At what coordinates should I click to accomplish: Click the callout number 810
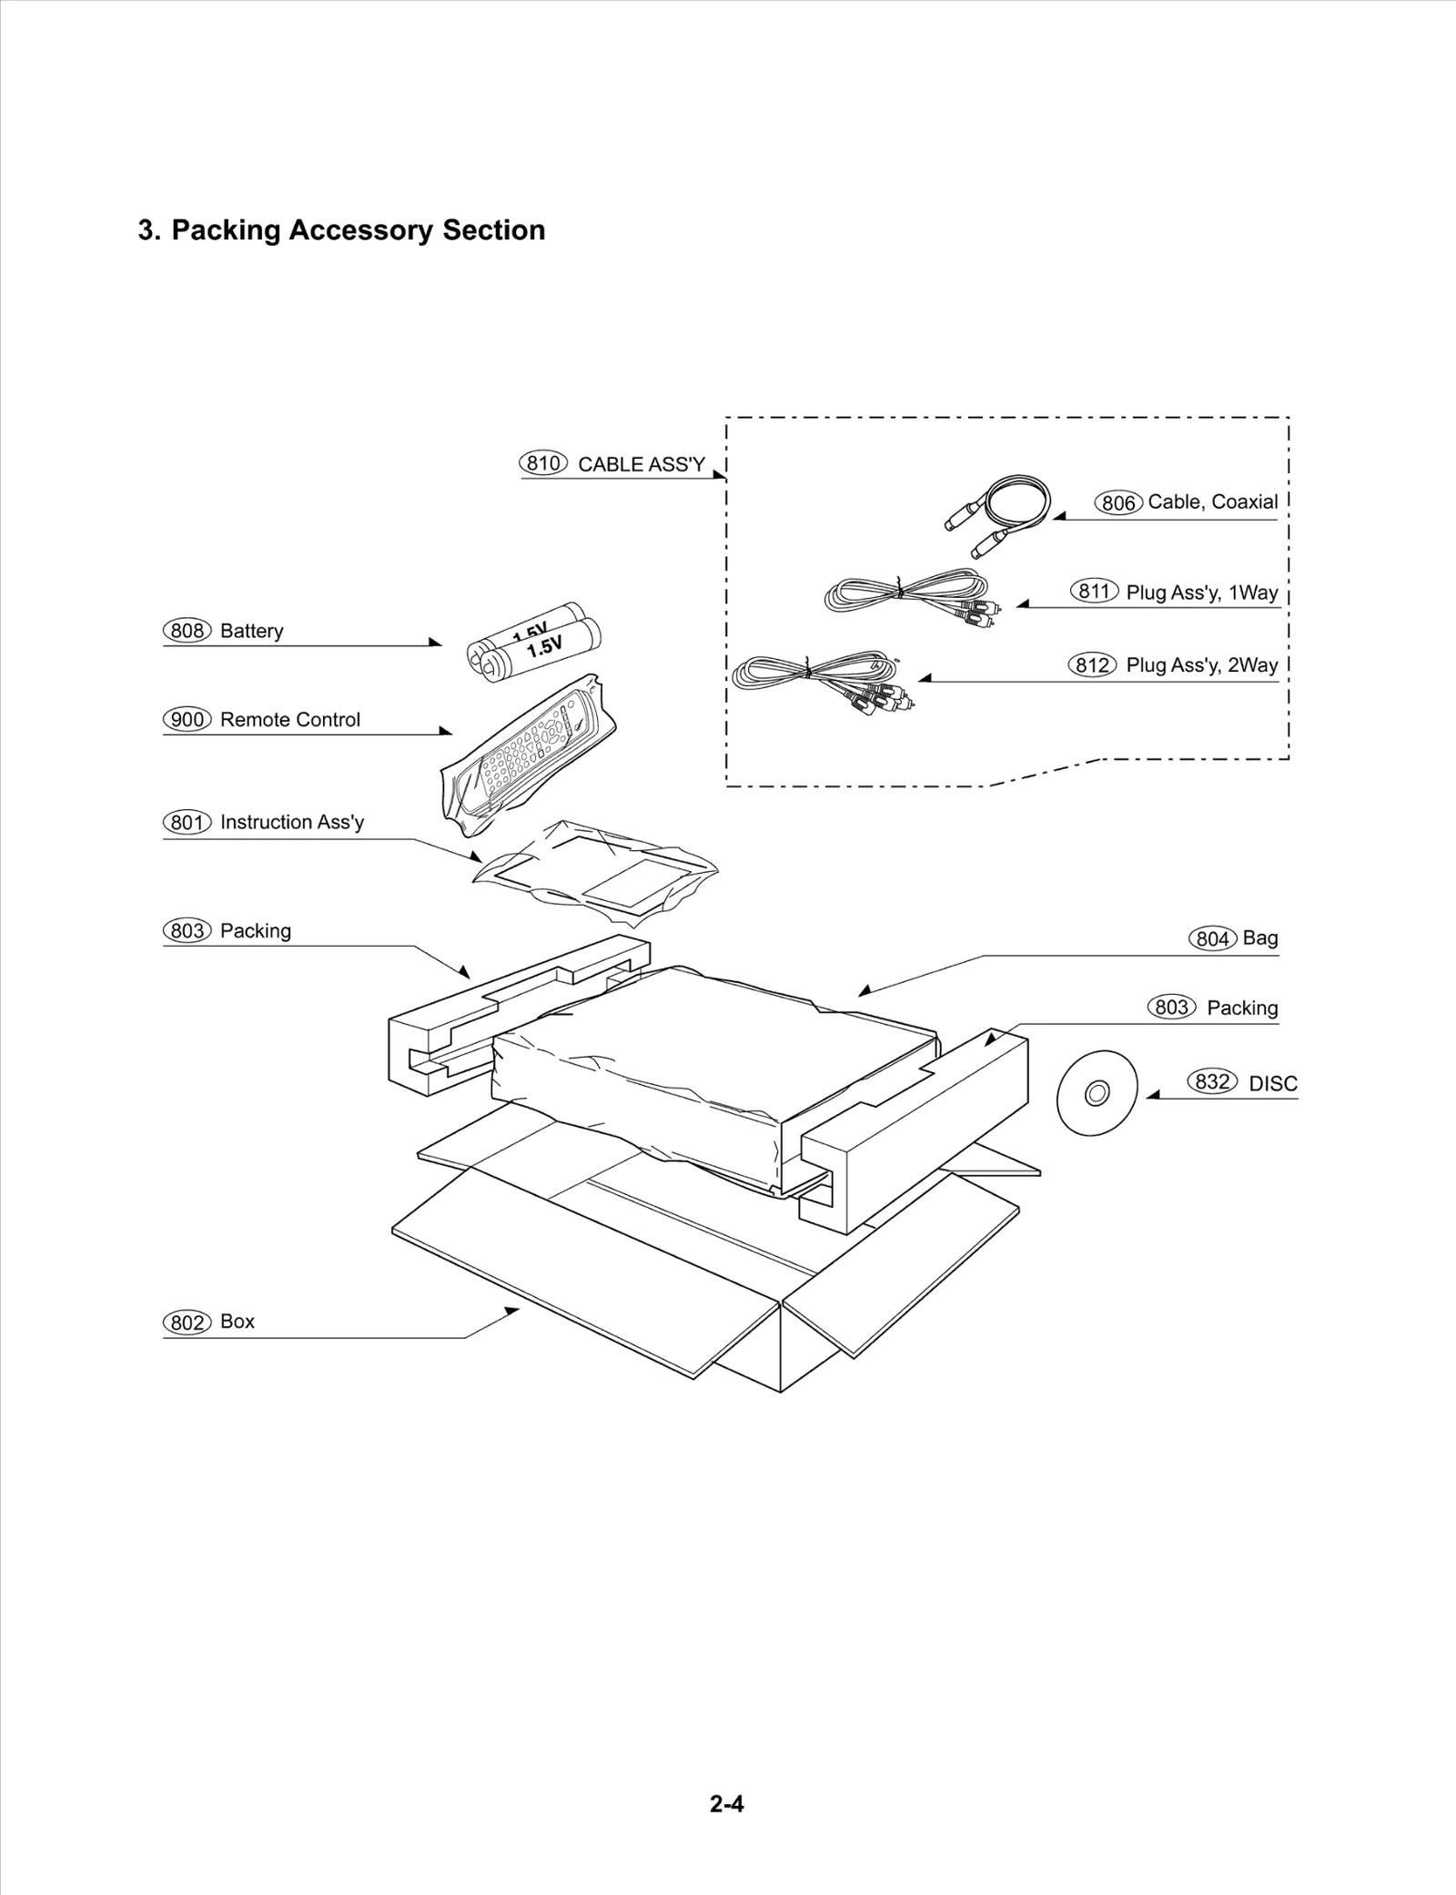click(x=543, y=463)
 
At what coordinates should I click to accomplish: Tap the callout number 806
click(x=1118, y=502)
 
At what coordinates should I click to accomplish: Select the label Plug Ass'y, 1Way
click(x=1201, y=593)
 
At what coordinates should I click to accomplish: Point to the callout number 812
click(x=1091, y=665)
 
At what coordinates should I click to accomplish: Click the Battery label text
click(x=251, y=631)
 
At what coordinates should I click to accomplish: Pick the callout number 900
click(x=187, y=720)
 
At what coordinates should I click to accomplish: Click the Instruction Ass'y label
click(x=291, y=823)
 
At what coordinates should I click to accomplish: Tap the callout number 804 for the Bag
click(x=1212, y=938)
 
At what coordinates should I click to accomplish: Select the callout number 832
click(x=1212, y=1082)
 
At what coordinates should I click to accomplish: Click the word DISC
click(x=1273, y=1084)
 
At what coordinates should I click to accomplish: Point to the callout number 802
click(x=187, y=1322)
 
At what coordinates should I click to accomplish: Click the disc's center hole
click(x=1097, y=1092)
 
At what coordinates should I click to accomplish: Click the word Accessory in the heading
click(x=360, y=230)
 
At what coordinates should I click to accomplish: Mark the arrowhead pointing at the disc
click(x=1151, y=1096)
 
